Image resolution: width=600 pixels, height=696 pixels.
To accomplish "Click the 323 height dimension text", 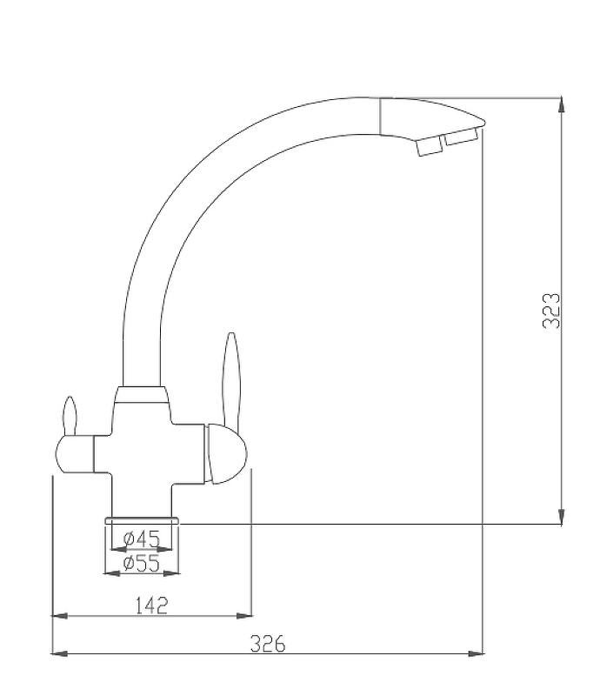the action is [x=551, y=311].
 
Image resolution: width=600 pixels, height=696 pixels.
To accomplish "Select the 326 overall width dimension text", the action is [x=268, y=644].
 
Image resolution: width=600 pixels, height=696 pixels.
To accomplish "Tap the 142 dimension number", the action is [x=152, y=606].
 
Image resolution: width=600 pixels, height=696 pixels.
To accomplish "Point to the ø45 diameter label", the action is [x=141, y=539].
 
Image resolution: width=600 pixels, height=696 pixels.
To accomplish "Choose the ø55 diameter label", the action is [x=141, y=564].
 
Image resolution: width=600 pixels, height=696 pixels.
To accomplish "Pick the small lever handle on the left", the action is [x=70, y=417].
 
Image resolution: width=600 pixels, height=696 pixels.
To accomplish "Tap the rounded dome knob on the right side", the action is [x=225, y=454].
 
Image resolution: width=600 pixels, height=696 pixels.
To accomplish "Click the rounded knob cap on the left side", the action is [x=75, y=454].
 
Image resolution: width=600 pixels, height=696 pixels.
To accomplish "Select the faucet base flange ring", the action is [x=142, y=520].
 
